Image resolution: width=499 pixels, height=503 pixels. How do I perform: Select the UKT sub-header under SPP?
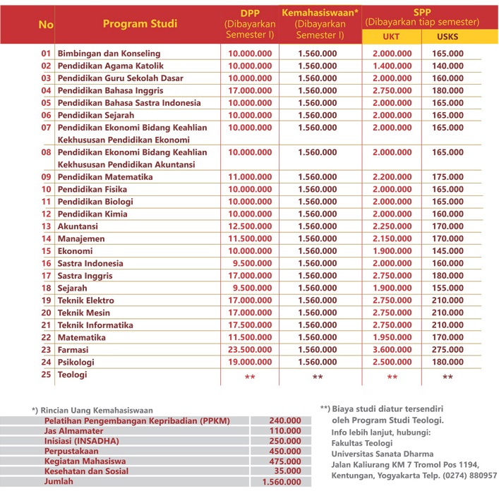pyautogui.click(x=391, y=36)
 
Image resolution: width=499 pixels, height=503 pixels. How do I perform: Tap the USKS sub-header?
pyautogui.click(x=447, y=36)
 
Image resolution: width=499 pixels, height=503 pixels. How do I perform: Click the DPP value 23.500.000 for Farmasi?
pyautogui.click(x=250, y=350)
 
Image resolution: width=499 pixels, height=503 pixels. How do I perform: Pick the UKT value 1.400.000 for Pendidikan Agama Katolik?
pyautogui.click(x=391, y=66)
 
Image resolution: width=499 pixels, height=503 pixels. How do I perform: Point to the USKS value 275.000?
pyautogui.click(x=447, y=350)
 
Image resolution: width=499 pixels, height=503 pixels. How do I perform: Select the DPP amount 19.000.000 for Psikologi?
pyautogui.click(x=250, y=363)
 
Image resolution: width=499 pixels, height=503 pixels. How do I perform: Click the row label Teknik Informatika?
pyautogui.click(x=95, y=325)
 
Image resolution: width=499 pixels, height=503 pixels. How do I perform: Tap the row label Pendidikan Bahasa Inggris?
pyautogui.click(x=110, y=90)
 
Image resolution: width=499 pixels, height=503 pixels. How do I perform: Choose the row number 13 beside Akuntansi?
pyautogui.click(x=47, y=226)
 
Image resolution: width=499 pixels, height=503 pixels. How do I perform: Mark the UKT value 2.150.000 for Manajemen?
pyautogui.click(x=391, y=239)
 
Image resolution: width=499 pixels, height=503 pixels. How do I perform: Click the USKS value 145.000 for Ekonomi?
pyautogui.click(x=447, y=251)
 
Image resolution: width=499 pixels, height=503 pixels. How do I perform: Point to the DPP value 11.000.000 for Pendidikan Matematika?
pyautogui.click(x=250, y=177)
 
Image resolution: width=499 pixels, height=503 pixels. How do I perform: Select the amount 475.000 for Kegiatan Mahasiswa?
pyautogui.click(x=285, y=461)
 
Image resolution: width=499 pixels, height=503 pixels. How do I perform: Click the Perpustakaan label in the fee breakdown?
pyautogui.click(x=74, y=451)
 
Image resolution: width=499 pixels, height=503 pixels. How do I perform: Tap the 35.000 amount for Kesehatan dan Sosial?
pyautogui.click(x=287, y=471)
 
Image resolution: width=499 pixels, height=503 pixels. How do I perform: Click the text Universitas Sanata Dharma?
pyautogui.click(x=383, y=454)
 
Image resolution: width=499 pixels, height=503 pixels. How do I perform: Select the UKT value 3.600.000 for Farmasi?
pyautogui.click(x=391, y=350)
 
